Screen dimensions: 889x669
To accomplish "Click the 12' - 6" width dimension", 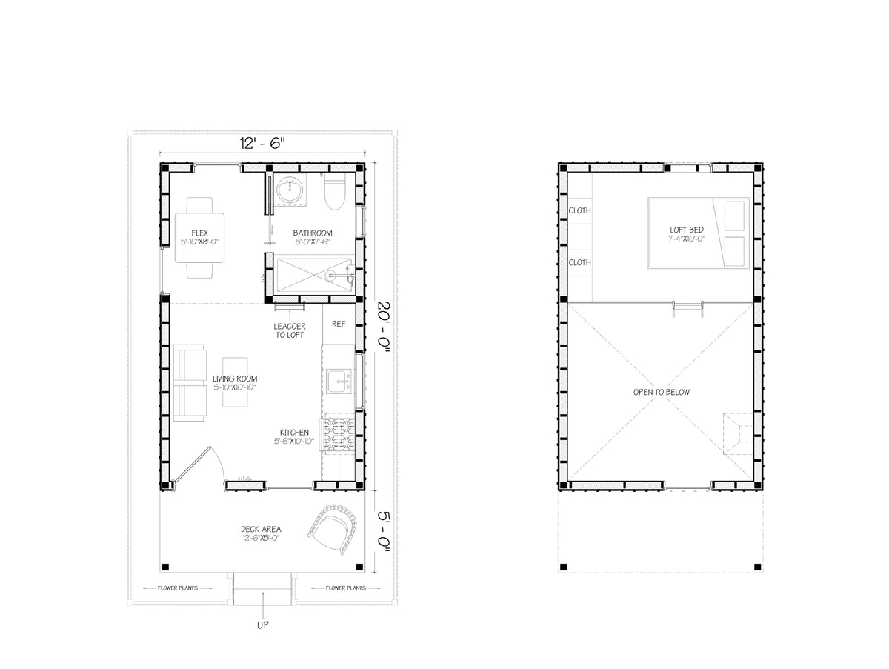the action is click(262, 143).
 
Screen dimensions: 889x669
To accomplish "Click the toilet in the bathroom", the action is click(335, 191).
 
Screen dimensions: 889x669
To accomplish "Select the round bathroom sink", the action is click(290, 190).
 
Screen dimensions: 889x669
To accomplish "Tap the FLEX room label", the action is click(199, 233).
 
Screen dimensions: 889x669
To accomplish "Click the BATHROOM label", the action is click(313, 233).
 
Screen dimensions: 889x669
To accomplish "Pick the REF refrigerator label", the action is click(339, 324).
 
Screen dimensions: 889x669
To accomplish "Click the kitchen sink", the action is click(339, 381).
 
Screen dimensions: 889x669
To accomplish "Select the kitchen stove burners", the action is click(338, 435).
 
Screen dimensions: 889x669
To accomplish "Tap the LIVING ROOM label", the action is click(235, 379).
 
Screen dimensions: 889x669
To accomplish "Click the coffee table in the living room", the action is click(235, 382).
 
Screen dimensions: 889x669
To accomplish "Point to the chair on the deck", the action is click(333, 528).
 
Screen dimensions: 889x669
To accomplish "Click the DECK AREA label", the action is click(261, 529).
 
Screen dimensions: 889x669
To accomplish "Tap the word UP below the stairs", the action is click(262, 625).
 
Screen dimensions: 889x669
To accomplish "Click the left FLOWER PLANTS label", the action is click(178, 588).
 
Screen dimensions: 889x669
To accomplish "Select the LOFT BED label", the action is click(687, 230).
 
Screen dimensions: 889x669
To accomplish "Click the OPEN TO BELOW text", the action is click(662, 392).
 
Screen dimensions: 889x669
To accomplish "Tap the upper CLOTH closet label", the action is click(579, 210).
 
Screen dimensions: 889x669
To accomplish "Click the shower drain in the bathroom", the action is click(330, 276).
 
